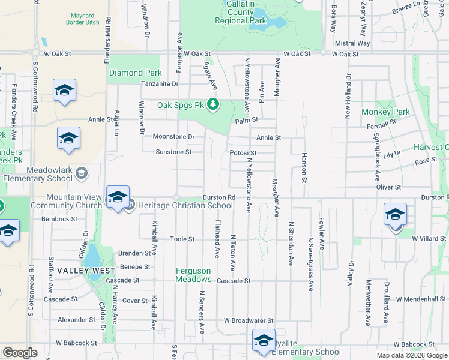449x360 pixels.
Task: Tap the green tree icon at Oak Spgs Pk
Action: (212, 105)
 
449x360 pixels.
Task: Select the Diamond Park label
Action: (135, 73)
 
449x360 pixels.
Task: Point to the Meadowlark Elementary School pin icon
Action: (82, 173)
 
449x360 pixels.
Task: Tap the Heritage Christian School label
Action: (185, 206)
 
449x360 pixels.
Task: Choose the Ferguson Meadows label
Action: (193, 275)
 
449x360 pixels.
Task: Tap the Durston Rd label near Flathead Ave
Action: (218, 197)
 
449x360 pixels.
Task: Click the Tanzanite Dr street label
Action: (160, 83)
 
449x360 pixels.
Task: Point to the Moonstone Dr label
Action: (173, 136)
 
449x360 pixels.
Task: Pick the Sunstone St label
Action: (173, 152)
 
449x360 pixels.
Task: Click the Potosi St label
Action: (243, 152)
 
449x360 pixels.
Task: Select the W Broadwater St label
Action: (249, 321)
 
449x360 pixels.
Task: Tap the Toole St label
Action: (182, 239)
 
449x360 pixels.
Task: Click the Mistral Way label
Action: (352, 43)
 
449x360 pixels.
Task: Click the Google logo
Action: (20, 353)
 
